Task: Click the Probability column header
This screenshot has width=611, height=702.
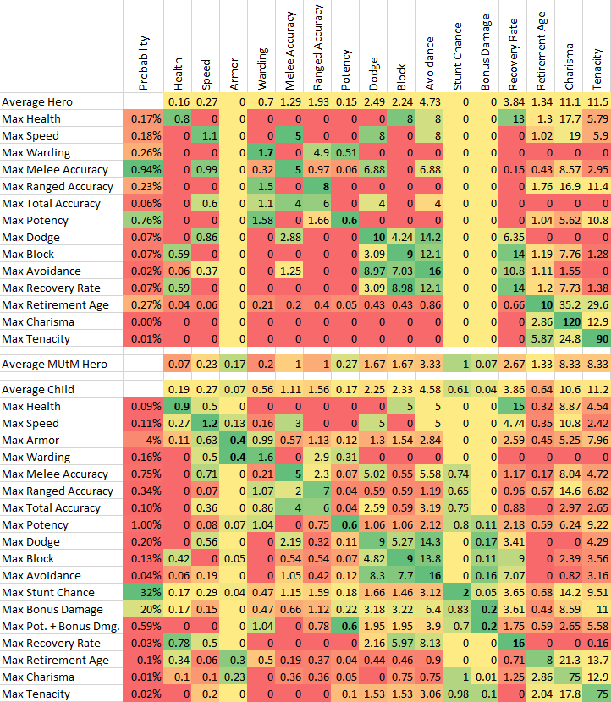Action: click(x=145, y=63)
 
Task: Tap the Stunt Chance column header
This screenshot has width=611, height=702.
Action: click(x=458, y=59)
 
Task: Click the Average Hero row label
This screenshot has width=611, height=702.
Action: click(x=37, y=101)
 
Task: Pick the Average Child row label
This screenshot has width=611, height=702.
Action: click(x=38, y=389)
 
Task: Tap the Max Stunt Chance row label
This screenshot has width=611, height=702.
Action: click(x=47, y=592)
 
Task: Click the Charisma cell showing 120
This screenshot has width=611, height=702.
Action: click(x=569, y=321)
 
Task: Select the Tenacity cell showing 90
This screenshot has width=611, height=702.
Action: click(x=597, y=338)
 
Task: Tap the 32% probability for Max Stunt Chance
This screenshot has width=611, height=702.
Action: click(x=145, y=592)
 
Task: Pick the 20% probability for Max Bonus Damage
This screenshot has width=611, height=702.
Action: click(x=145, y=609)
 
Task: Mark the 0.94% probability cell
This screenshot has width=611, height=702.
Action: click(x=145, y=169)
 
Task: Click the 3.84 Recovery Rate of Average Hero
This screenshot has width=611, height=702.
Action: click(x=514, y=101)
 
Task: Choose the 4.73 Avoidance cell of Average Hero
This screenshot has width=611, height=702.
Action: click(x=430, y=101)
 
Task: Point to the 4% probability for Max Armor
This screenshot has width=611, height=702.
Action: click(x=145, y=440)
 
